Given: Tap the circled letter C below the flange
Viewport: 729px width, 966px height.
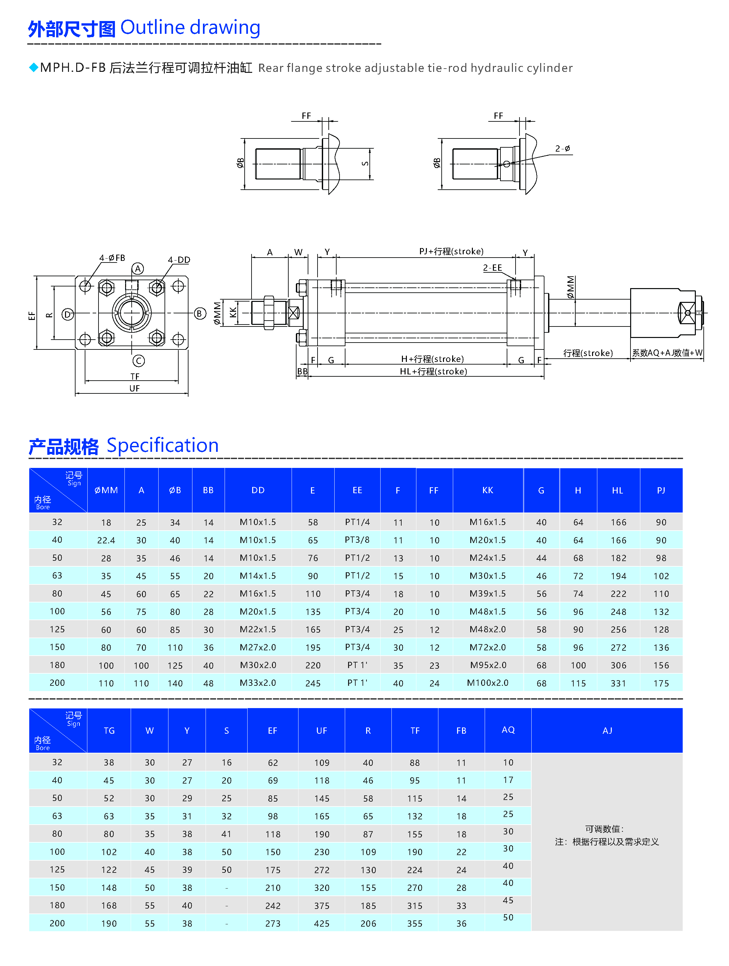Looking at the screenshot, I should tap(139, 361).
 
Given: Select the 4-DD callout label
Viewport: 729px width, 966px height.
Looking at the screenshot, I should tap(179, 260).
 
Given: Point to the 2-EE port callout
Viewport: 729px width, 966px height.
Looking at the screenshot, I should tap(492, 268).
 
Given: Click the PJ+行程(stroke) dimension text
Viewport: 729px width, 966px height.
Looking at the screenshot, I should tap(451, 252).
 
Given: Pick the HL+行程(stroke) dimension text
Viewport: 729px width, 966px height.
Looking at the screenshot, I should tap(433, 372).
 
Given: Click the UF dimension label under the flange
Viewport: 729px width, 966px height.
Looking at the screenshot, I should tap(135, 388).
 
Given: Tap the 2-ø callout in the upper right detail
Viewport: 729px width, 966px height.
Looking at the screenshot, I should tap(563, 149).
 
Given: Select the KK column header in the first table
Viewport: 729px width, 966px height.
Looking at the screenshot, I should tap(487, 491).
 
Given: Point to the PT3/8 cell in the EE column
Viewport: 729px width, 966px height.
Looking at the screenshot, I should tap(357, 540).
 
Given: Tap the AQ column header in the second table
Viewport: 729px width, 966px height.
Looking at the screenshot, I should tap(508, 730).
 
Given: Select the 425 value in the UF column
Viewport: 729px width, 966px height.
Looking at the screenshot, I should tap(322, 924).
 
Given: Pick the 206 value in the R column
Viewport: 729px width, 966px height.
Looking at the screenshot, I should tap(368, 924).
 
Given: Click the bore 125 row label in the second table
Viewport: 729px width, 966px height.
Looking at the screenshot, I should tap(57, 870).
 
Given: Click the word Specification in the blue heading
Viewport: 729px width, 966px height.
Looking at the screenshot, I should tap(163, 446).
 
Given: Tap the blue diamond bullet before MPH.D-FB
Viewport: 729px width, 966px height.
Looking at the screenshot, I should tap(33, 68).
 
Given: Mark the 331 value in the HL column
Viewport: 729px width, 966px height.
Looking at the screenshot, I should tap(618, 683).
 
